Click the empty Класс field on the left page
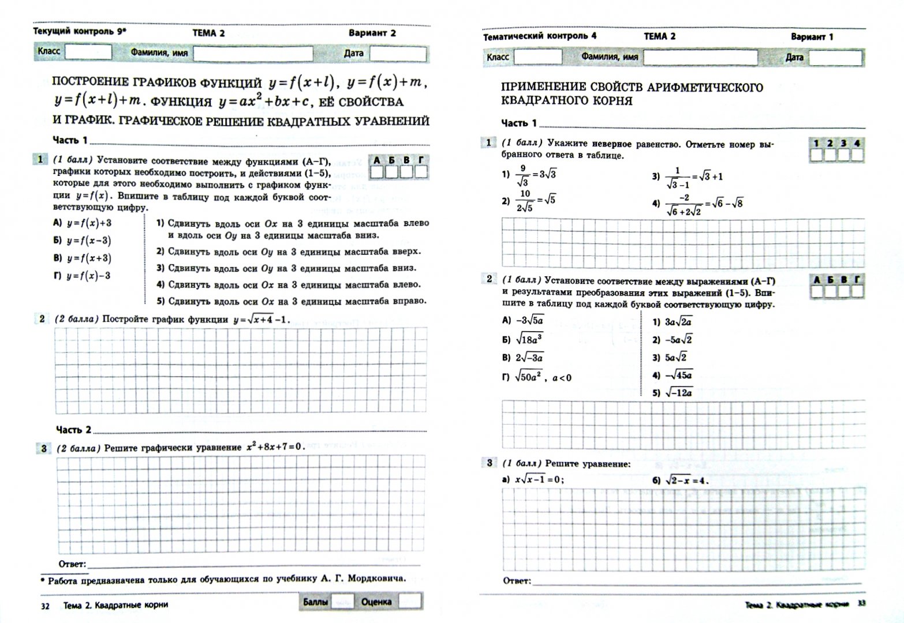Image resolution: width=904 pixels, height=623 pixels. coord(88,52)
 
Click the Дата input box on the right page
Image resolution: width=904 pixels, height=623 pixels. coord(835,58)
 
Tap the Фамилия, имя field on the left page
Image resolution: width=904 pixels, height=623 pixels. coord(253,54)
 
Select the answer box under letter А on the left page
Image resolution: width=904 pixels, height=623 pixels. coord(377,172)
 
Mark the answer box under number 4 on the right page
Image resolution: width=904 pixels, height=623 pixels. coord(857,155)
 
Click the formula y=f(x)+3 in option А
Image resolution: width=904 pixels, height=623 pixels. coord(89,223)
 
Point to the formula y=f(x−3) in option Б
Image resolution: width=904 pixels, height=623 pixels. coord(89,241)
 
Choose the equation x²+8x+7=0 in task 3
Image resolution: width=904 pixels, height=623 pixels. coord(275,447)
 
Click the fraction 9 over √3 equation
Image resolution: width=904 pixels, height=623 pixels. coord(529,174)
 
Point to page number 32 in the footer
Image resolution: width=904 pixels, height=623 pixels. coord(45,606)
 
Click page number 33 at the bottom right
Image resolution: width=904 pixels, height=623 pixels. coord(861,604)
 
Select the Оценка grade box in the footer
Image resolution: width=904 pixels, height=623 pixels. coord(410,602)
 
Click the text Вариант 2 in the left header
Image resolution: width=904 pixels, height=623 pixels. coord(372,33)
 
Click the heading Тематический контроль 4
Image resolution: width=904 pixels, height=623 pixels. coord(540,36)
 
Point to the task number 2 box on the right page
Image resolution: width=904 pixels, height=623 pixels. coord(489,279)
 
